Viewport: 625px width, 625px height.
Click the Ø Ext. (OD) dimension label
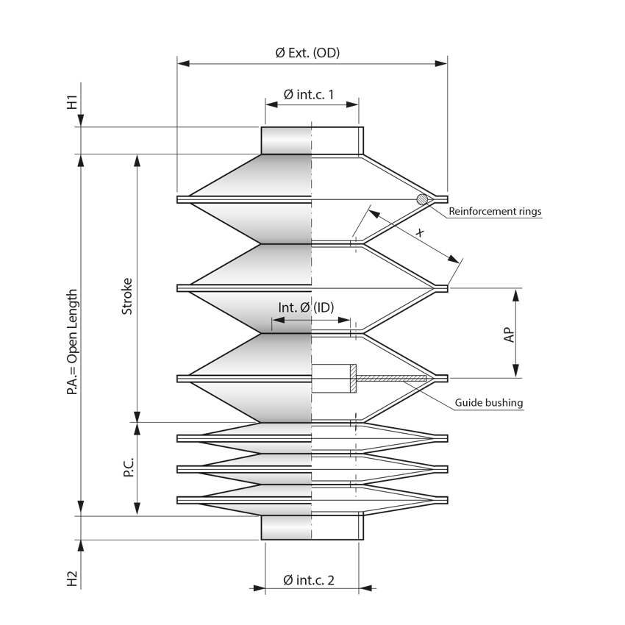[307, 53]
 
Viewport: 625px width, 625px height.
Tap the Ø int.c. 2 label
[309, 580]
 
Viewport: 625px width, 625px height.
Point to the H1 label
[72, 101]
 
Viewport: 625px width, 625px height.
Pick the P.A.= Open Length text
[72, 343]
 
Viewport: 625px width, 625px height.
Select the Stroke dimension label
[126, 296]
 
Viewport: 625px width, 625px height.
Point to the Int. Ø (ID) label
[306, 307]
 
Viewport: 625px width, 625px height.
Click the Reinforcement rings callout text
[495, 212]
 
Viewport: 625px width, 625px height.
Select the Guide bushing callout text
[488, 402]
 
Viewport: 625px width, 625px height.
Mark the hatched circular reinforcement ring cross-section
[422, 199]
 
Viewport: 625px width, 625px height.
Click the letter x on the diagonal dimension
[419, 233]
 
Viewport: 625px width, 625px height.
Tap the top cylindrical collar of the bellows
[312, 140]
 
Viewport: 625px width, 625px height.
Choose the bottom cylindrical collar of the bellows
[312, 528]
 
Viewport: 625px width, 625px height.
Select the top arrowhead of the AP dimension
[516, 293]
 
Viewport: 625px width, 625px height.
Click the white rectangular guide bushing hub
[332, 379]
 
